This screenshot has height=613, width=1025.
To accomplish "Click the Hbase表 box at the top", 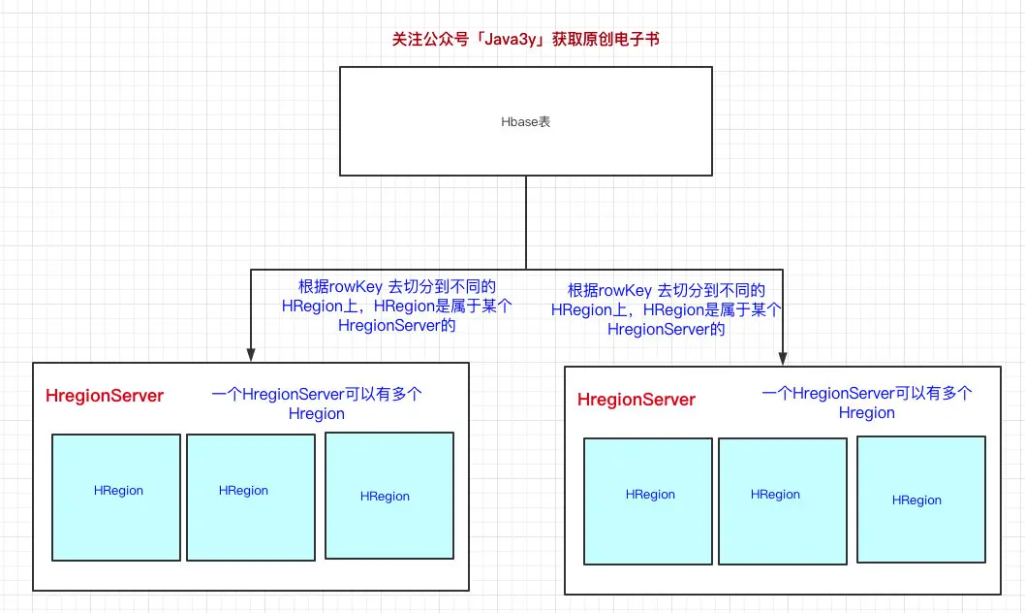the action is click(525, 121).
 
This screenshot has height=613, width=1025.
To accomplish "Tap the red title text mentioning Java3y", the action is click(525, 39).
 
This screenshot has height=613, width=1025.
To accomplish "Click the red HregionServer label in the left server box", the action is click(105, 396).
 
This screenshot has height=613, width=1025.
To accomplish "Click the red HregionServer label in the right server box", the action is click(637, 400).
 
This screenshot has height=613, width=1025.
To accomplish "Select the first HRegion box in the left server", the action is click(116, 498).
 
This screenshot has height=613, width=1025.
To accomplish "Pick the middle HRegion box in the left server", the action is click(251, 498).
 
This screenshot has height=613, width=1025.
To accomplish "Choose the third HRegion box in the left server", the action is click(389, 496).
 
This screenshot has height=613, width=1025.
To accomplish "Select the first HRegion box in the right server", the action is click(648, 501).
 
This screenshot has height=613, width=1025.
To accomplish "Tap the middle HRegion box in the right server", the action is click(783, 501).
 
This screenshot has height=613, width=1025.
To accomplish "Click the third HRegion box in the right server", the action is click(921, 500).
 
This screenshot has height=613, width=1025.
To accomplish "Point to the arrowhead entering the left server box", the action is click(250, 355).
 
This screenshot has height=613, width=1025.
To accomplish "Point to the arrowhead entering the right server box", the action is click(783, 359).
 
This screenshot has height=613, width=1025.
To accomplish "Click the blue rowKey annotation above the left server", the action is click(397, 306).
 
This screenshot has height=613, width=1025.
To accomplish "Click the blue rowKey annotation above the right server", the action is click(667, 309).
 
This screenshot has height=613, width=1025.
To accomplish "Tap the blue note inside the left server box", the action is click(317, 403).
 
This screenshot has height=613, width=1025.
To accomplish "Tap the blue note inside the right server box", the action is click(867, 403).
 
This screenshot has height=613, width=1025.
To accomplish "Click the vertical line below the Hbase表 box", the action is click(525, 222).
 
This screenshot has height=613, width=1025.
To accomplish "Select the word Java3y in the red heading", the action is click(510, 40).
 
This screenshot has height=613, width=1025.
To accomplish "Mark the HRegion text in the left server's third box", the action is click(385, 497).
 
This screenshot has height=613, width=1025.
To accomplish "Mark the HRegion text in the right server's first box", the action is click(650, 495).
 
